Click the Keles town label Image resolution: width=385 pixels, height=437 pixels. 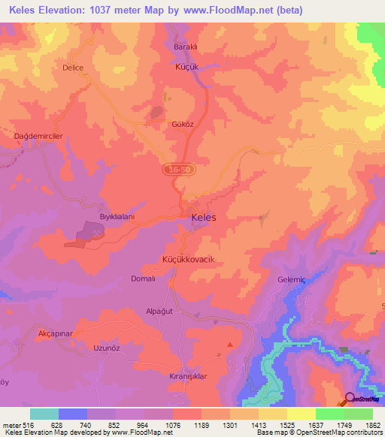[x=204, y=217]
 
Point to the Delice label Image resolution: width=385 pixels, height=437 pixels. [x=73, y=68]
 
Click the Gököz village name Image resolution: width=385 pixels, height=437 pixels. [x=183, y=124]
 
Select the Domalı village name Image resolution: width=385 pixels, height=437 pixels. [x=143, y=278]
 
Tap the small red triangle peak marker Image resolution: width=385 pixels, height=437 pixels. [x=230, y=345]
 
